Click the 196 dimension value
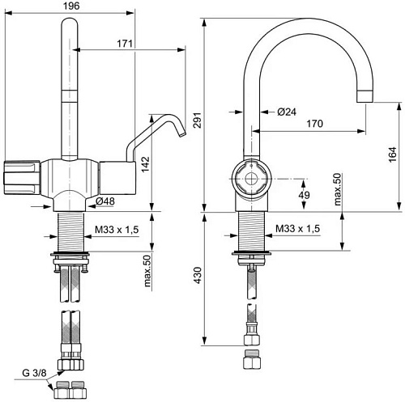(71, 6)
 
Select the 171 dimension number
(125, 44)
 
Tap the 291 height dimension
(198, 120)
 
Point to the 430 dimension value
(198, 275)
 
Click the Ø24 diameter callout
(287, 112)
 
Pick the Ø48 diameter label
(105, 201)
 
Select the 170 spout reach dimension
(314, 124)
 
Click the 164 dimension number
(392, 154)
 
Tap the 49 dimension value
(305, 195)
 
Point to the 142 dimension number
(146, 164)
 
